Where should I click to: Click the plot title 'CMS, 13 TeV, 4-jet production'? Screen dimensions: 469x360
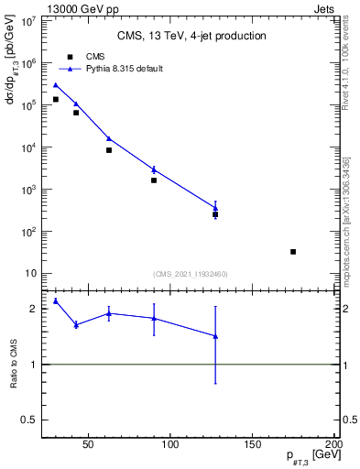[x=191, y=36]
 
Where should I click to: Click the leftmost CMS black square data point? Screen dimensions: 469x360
[x=55, y=99]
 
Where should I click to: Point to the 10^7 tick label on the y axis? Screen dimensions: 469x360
[x=28, y=20]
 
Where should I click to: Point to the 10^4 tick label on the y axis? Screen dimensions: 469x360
[x=28, y=147]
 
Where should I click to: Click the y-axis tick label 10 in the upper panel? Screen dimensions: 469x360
[x=30, y=274]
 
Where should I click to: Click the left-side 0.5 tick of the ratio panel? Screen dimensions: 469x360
[x=31, y=420]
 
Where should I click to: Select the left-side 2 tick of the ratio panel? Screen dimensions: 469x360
[x=35, y=309]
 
